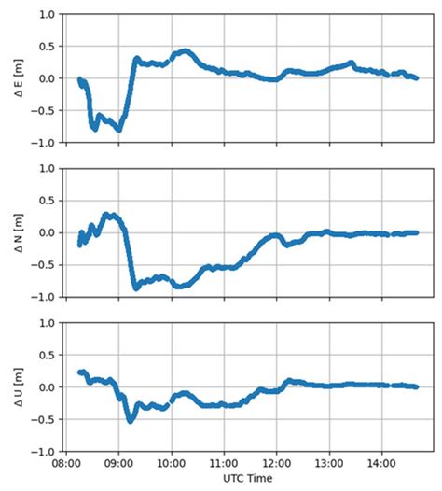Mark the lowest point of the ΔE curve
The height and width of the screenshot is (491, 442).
(x=118, y=130)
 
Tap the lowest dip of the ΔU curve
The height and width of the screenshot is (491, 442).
(x=130, y=420)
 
